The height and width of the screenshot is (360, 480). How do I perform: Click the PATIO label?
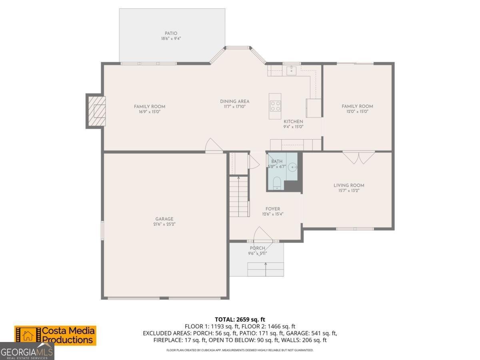(x=171, y=34)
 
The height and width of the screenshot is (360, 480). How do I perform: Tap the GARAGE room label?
(x=164, y=219)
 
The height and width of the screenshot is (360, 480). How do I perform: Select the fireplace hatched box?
(x=96, y=111)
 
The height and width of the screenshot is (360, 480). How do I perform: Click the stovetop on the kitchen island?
(x=275, y=106)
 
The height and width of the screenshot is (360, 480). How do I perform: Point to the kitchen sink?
(x=291, y=71)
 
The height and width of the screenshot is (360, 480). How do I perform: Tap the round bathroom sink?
(x=292, y=166)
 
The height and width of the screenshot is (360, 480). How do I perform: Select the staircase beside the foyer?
(x=239, y=196)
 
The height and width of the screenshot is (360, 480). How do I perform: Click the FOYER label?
(x=273, y=209)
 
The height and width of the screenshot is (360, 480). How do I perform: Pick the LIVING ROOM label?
(x=349, y=185)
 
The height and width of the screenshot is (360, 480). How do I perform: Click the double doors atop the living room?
(x=359, y=157)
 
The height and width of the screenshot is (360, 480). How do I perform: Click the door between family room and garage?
(x=214, y=146)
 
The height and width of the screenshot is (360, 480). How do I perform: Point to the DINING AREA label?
(x=235, y=101)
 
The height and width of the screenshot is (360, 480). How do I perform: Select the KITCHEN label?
(x=293, y=122)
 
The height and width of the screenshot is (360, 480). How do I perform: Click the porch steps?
(x=266, y=269)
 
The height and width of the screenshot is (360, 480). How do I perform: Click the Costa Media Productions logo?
(x=55, y=335)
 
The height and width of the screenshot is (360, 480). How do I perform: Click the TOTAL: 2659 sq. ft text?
(x=240, y=319)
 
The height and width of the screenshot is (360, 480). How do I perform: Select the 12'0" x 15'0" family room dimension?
(x=357, y=112)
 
